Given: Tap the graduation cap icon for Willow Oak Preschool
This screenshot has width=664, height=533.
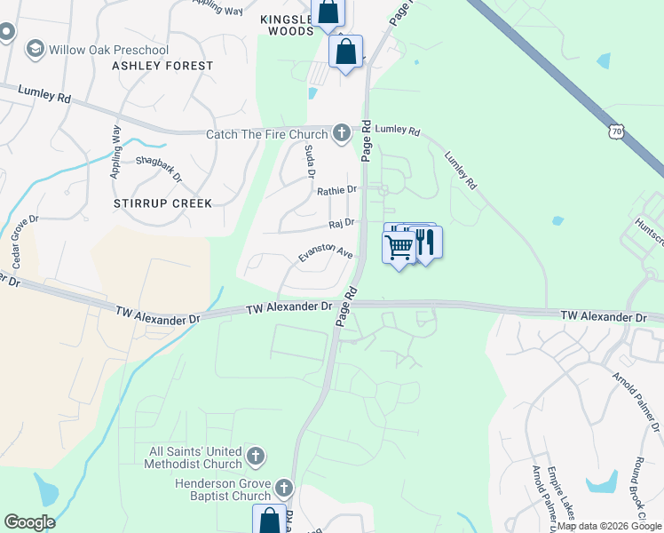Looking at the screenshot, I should click(x=36, y=48).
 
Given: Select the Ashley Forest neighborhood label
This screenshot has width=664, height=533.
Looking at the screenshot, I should click(x=162, y=66).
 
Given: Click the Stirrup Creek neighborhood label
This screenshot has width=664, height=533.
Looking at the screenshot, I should click(x=162, y=203).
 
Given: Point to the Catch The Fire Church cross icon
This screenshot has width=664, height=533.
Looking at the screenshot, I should click(x=341, y=134).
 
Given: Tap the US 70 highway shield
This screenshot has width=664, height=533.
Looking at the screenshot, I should click(x=617, y=131).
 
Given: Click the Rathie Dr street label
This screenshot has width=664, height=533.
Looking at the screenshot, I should click(x=336, y=190).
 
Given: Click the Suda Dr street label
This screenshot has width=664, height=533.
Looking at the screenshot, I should click(x=310, y=161).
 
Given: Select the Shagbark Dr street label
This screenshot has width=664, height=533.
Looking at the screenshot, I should click(x=159, y=169).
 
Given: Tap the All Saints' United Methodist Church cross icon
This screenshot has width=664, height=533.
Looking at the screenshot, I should click(x=256, y=457).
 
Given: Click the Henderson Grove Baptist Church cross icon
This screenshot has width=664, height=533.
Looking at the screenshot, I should click(x=283, y=489).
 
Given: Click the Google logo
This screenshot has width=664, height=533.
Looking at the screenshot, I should click(x=29, y=522).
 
